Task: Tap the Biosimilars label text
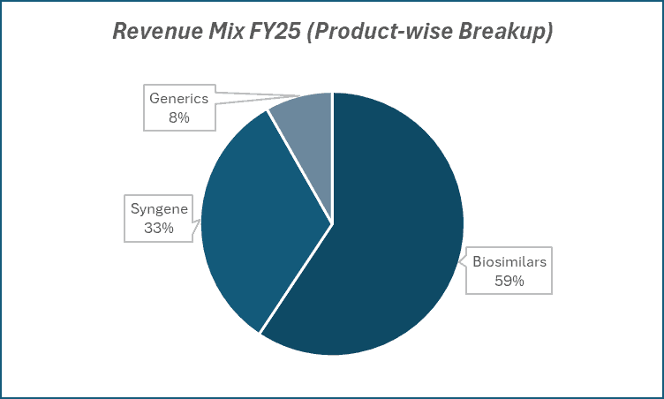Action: click(x=509, y=262)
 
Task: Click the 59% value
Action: click(x=509, y=281)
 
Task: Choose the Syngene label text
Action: click(x=158, y=210)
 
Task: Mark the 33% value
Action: click(x=158, y=228)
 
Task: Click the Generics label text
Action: click(x=179, y=98)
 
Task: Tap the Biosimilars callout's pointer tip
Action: click(x=462, y=260)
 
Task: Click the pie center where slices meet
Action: click(x=332, y=222)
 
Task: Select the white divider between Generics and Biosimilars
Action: click(x=332, y=159)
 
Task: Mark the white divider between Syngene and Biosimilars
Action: click(x=296, y=278)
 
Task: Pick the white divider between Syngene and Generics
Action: click(x=300, y=167)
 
